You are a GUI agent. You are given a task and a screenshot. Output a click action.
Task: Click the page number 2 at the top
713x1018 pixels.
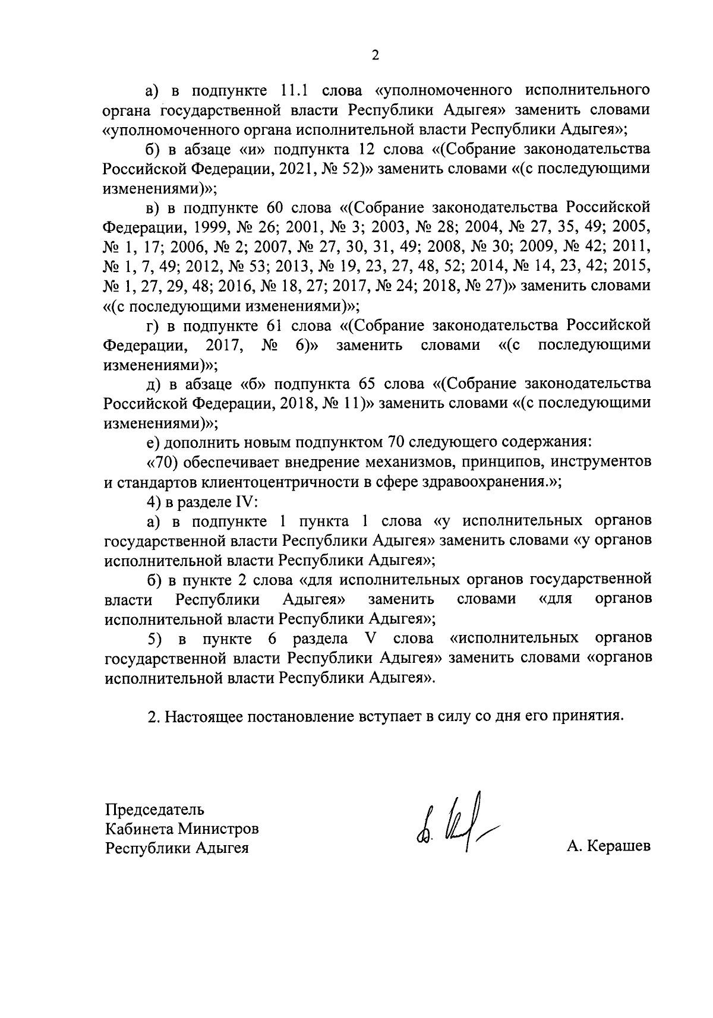click(375, 55)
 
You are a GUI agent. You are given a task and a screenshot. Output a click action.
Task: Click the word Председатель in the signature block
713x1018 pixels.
click(155, 809)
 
